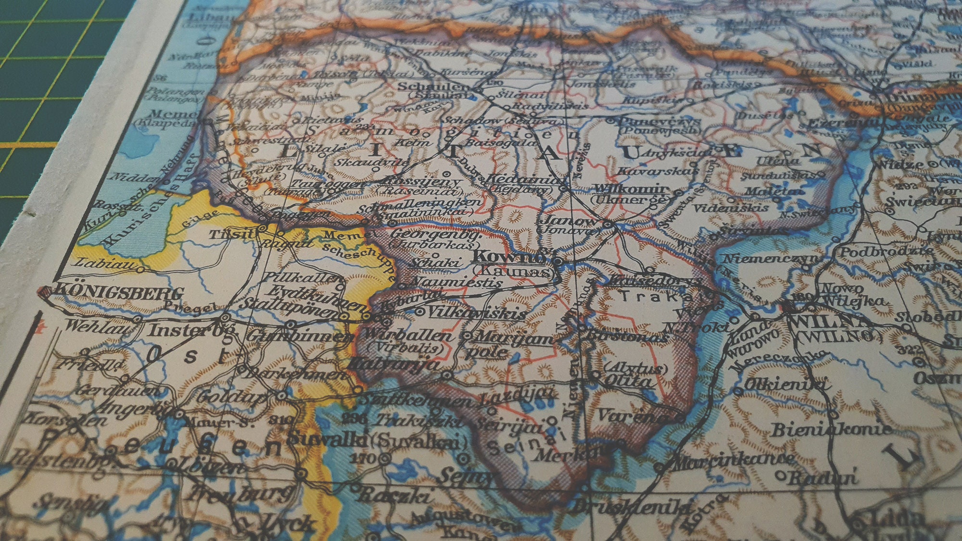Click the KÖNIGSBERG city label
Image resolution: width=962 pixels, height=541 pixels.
tap(120, 292)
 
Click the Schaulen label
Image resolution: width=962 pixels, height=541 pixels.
tap(435, 87)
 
